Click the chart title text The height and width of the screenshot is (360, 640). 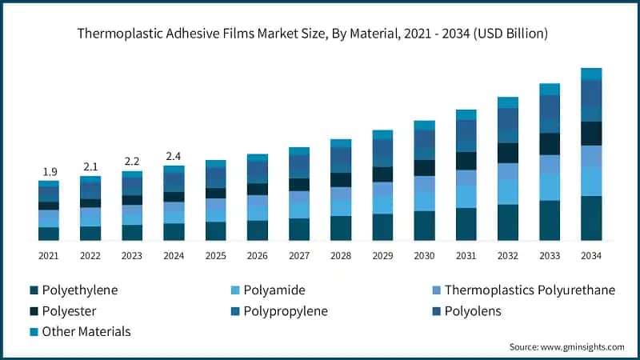tap(312, 34)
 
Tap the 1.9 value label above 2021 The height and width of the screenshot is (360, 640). tap(50, 171)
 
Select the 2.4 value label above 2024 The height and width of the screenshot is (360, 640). tap(174, 156)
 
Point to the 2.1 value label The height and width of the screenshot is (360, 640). tap(90, 166)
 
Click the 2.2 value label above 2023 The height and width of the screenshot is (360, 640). tap(132, 161)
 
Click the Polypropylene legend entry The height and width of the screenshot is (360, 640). tap(274, 310)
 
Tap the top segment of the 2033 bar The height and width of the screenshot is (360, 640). tap(549, 89)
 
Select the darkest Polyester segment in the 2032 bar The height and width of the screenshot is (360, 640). tap(507, 153)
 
